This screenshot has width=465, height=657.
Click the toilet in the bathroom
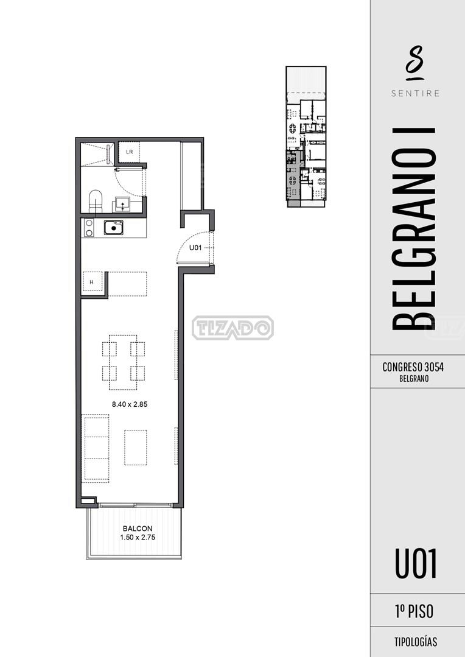(96, 202)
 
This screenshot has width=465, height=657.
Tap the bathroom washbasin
(122, 204)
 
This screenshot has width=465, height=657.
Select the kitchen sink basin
(114, 228)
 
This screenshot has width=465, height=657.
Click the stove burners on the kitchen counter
(89, 228)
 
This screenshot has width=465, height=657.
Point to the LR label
(130, 152)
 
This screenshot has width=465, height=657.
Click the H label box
(92, 283)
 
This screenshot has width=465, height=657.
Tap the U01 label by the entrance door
(195, 248)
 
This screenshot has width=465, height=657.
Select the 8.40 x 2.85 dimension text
(130, 404)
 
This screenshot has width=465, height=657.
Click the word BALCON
(138, 529)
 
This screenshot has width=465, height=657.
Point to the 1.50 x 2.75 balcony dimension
(138, 537)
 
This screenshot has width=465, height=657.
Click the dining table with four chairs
(123, 362)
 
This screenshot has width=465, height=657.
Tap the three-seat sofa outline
(97, 447)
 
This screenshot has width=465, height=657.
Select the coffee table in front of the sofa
(135, 448)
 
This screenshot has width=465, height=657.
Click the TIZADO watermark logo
(233, 328)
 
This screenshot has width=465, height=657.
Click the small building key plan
(306, 136)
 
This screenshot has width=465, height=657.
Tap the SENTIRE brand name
(416, 93)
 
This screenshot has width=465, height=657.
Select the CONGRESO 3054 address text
(413, 367)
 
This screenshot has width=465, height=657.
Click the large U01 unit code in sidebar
(416, 564)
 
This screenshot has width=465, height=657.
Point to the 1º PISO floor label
(414, 611)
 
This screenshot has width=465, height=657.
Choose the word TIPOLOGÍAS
(416, 642)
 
